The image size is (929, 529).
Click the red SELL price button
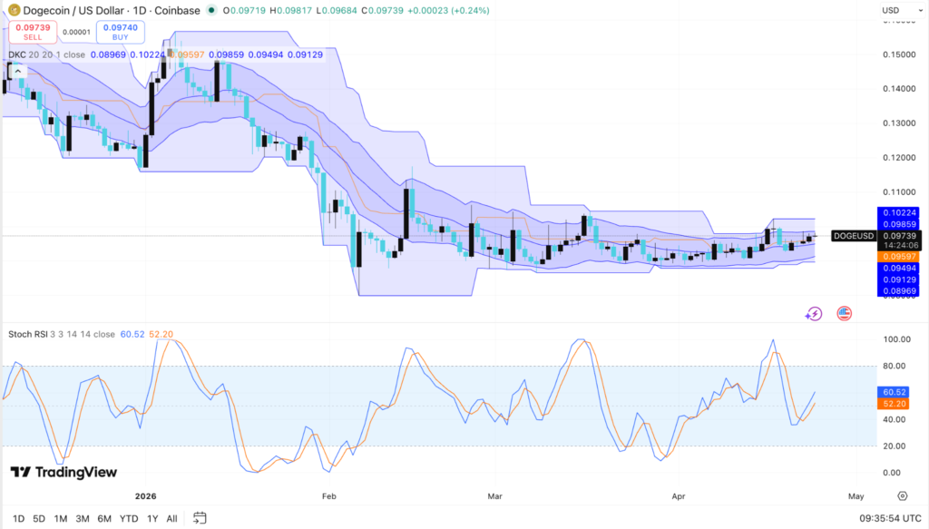coord(33,33)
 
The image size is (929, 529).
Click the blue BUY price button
coord(120,33)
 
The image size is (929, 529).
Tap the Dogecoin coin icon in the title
coord(13,10)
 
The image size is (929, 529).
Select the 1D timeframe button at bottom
coord(18,518)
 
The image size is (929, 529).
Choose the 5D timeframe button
coord(39,518)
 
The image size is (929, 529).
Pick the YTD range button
coord(128,518)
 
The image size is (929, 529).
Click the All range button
coord(171,518)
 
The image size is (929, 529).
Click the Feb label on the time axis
coord(328,496)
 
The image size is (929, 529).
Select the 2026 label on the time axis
coord(146,496)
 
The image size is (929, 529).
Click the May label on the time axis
coord(856,496)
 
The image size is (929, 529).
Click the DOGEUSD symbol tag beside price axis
coord(853,236)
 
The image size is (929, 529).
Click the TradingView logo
coord(64,472)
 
